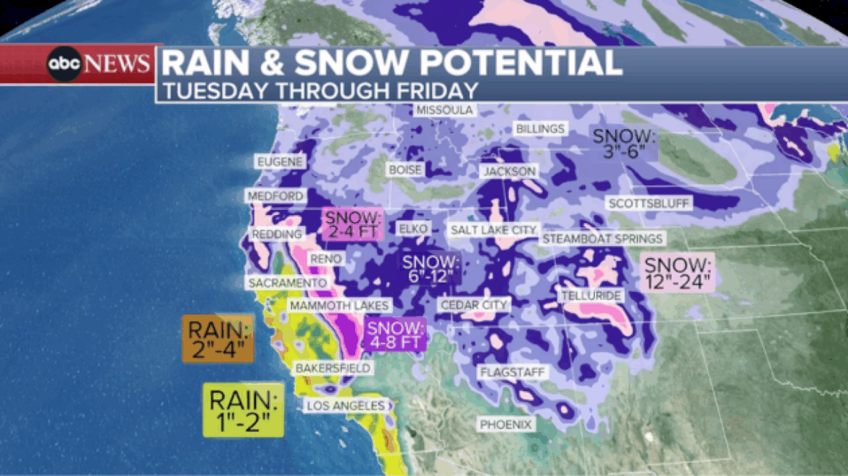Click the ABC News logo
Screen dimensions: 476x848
tap(99, 64)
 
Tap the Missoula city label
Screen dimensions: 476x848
tap(444, 110)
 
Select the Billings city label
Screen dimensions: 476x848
tap(540, 128)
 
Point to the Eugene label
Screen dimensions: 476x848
tap(278, 162)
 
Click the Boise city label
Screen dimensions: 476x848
tap(405, 170)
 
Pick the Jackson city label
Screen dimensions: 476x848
tap(511, 171)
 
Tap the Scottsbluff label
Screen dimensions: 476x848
tap(649, 204)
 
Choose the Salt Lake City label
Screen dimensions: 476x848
tap(493, 230)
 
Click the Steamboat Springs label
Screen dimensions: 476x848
tap(602, 238)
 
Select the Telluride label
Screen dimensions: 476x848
tap(591, 296)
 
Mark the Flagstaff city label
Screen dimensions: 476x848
tap(512, 372)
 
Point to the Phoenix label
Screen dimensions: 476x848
tap(506, 424)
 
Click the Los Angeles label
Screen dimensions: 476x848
tap(344, 406)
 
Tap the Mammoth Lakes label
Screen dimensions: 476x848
tap(339, 306)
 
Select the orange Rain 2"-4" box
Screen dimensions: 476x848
tap(218, 339)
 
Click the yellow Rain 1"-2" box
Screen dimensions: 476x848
tap(243, 409)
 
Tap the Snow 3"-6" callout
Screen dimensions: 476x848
tap(623, 143)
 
